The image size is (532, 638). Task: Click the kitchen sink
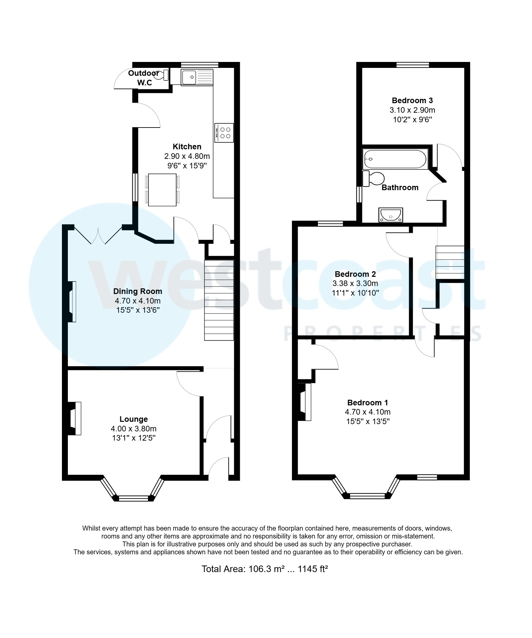point(197,78)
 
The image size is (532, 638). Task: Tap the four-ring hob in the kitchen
point(224,133)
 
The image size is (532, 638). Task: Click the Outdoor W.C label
point(144,78)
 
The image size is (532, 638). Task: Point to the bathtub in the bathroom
point(395,159)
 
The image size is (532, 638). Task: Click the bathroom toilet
point(374,178)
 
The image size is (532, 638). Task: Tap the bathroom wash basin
point(391,215)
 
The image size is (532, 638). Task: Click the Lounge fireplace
point(75,418)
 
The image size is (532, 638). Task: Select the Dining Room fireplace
point(72,302)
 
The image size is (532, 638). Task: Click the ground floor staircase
point(219,300)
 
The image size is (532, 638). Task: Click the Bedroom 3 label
point(412,101)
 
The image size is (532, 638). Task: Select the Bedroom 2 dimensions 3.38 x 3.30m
point(355,283)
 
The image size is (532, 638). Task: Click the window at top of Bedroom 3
point(412,65)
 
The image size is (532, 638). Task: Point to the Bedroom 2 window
point(330,224)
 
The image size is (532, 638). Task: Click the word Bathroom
point(400,188)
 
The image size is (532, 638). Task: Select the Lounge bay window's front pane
point(134,498)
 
